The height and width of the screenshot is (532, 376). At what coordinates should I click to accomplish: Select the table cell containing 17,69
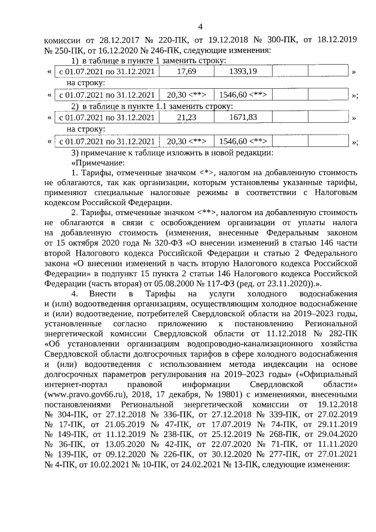[x=186, y=71]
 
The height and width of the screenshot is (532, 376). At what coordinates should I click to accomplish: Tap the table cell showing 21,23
[x=186, y=118]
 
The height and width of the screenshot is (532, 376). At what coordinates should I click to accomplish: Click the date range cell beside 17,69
[x=108, y=71]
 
